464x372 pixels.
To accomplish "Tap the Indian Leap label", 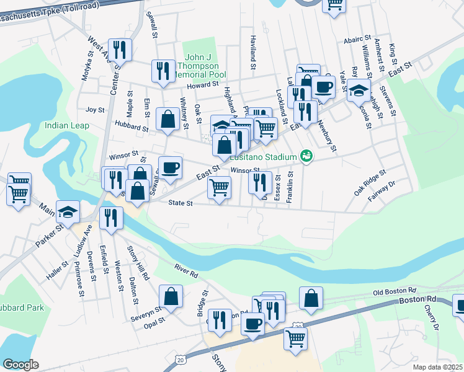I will point(67,126).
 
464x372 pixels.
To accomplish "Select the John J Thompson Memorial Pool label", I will point(199,65).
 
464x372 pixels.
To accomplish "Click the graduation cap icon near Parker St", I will point(68,213).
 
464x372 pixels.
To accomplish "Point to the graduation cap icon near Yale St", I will point(359,91).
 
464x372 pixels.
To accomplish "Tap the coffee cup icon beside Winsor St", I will point(170,167).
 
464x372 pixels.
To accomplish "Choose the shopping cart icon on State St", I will point(219,187).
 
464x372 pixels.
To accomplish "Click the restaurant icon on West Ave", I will point(119,50).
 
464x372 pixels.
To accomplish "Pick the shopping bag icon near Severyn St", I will point(171,296).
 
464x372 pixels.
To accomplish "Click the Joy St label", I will point(96,109).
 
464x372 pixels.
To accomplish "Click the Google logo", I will point(20,365).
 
